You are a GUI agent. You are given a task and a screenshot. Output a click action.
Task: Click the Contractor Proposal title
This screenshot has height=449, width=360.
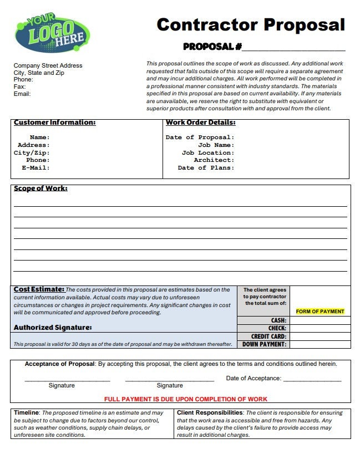pyautogui.click(x=251, y=25)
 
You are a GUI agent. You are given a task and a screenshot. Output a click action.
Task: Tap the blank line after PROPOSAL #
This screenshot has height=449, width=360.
pyautogui.click(x=293, y=47)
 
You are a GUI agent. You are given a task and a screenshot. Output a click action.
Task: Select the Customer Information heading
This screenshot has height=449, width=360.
pyautogui.click(x=54, y=123)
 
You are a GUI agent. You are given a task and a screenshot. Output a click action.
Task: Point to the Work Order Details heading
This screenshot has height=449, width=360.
pyautogui.click(x=200, y=123)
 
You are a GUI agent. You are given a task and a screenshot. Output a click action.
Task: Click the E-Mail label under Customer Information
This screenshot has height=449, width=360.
pyautogui.click(x=36, y=167)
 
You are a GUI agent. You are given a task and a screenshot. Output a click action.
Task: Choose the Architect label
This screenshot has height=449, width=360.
pyautogui.click(x=214, y=160)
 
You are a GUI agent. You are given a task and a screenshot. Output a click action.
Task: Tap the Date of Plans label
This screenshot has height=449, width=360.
pyautogui.click(x=206, y=167)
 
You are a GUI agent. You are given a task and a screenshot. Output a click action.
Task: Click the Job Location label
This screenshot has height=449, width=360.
pyautogui.click(x=207, y=152)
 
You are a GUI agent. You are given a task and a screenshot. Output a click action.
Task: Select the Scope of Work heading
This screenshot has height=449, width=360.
pyautogui.click(x=40, y=188)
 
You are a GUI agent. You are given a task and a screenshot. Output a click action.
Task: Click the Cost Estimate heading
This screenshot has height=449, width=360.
pyautogui.click(x=39, y=289)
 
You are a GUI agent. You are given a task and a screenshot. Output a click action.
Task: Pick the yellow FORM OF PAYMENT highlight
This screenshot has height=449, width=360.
pyautogui.click(x=320, y=312)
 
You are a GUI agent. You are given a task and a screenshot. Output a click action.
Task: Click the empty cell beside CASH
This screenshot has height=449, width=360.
pyautogui.click(x=320, y=320)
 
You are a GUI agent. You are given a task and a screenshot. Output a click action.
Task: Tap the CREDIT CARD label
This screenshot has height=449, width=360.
pyautogui.click(x=268, y=336)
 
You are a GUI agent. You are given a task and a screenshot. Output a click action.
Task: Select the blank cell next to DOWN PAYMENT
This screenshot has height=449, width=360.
pyautogui.click(x=320, y=344)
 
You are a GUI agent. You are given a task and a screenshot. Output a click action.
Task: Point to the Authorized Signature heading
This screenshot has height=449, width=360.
pyautogui.click(x=52, y=328)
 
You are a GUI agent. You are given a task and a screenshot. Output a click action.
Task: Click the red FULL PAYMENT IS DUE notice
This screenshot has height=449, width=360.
pyautogui.click(x=186, y=399)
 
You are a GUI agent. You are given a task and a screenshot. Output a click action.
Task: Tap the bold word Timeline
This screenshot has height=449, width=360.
pyautogui.click(x=26, y=413)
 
